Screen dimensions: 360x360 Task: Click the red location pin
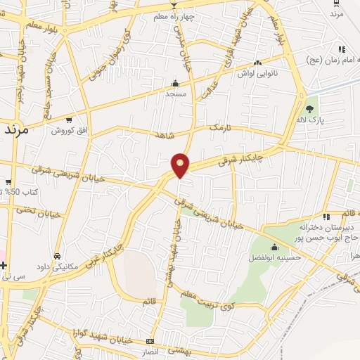(181, 165)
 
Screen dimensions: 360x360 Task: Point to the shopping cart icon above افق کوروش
(68, 120)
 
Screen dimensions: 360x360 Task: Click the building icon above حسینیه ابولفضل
(273, 247)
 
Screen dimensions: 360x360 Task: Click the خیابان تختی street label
(35, 210)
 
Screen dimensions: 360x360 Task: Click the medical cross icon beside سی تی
(4, 266)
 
